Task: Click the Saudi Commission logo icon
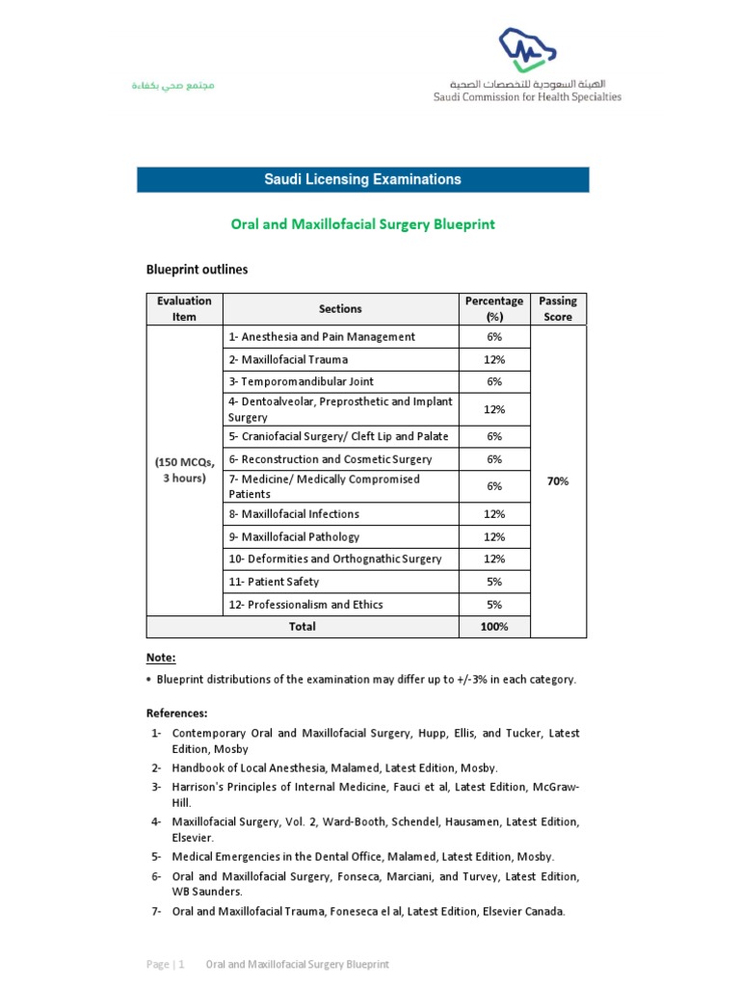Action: point(528,50)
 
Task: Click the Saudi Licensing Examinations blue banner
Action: point(362,179)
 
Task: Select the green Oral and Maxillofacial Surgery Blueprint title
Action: point(362,224)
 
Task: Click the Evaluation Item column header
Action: point(184,309)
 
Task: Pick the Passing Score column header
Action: point(557,309)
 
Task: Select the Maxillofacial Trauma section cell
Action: point(288,359)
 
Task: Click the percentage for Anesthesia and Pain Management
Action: point(494,337)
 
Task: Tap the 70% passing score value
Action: point(557,481)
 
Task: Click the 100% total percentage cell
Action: point(494,627)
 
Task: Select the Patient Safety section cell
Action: point(274,582)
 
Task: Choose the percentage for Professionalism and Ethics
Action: point(494,605)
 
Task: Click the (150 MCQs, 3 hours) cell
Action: point(184,471)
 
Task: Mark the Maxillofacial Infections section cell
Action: point(294,514)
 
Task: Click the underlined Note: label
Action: point(161,658)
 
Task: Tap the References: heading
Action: point(176,714)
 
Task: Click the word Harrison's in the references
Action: point(198,787)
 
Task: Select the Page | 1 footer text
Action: point(167,964)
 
